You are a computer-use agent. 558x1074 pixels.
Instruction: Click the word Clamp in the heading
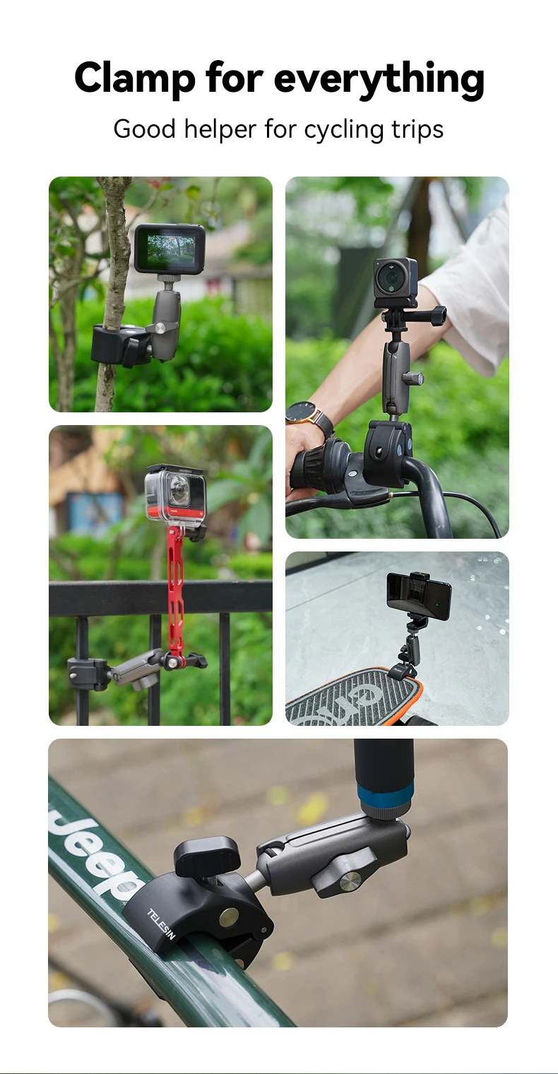click(134, 78)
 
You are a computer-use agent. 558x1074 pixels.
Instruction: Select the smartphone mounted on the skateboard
click(419, 595)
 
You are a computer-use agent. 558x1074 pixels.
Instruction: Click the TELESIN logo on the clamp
click(160, 924)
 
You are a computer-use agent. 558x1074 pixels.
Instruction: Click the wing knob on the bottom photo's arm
click(345, 875)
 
